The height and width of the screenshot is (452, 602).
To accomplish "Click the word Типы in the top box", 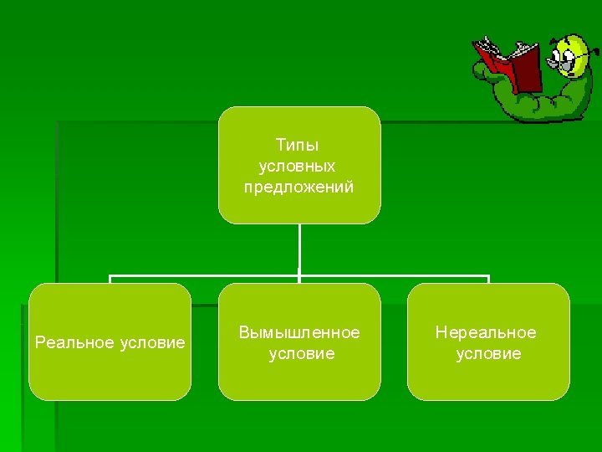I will click(x=298, y=146).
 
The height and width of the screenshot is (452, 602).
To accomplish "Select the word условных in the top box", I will click(x=298, y=166).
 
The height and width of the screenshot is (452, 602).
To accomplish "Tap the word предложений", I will click(x=298, y=187).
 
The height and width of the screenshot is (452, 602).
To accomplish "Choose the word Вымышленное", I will click(x=299, y=333).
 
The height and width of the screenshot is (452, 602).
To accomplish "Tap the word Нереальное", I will click(x=486, y=333).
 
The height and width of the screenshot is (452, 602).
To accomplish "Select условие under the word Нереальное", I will click(x=488, y=354).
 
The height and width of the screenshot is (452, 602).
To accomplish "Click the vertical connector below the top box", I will click(x=299, y=247).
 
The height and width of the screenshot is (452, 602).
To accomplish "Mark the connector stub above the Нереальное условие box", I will click(x=488, y=280).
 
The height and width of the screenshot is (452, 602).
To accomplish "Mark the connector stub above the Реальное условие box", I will click(x=110, y=280).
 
